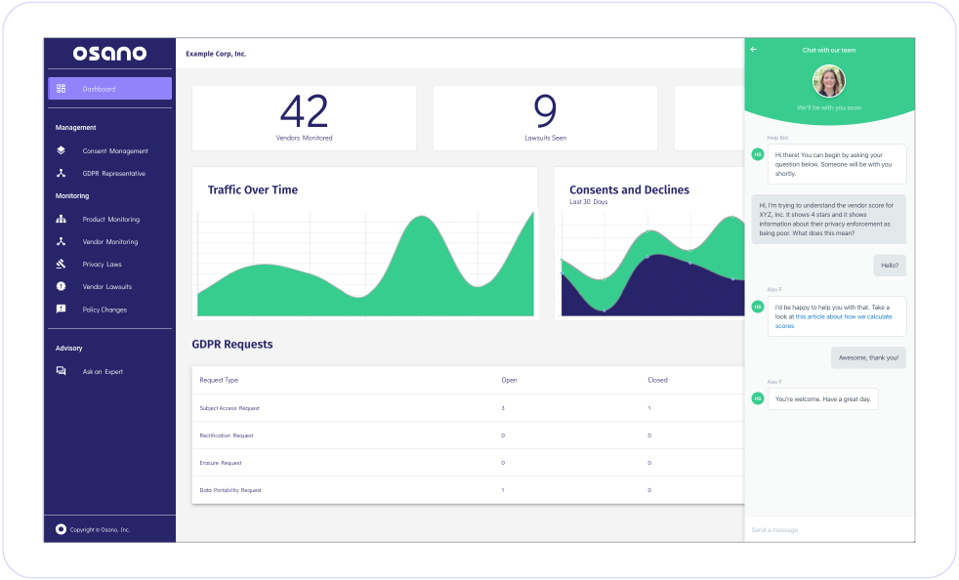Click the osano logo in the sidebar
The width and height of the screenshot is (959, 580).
coord(109,53)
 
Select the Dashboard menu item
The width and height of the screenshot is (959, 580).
coord(109,89)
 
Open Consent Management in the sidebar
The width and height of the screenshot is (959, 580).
coord(114,151)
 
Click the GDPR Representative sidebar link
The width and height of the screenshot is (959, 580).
coord(113,174)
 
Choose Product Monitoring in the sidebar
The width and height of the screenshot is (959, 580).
coord(110,220)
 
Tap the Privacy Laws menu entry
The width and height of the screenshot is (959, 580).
coord(102,265)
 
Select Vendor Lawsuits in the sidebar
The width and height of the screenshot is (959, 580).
coord(106,287)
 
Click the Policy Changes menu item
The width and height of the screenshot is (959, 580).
coord(104,310)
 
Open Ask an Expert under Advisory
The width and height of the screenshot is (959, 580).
coord(103,372)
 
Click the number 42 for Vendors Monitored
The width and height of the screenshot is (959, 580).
coord(304,110)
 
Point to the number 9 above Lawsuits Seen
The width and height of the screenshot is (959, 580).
coord(545,110)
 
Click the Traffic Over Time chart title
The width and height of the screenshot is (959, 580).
coord(253,189)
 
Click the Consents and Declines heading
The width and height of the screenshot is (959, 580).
coord(629,189)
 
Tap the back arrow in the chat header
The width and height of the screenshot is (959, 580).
coord(753,50)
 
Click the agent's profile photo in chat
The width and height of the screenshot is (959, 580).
coord(828,81)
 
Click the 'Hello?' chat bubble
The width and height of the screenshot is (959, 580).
coord(889,265)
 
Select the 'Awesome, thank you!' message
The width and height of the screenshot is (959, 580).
coord(868,358)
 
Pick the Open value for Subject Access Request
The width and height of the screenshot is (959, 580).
coord(503,408)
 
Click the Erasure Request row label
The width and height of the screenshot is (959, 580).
coord(221,463)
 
